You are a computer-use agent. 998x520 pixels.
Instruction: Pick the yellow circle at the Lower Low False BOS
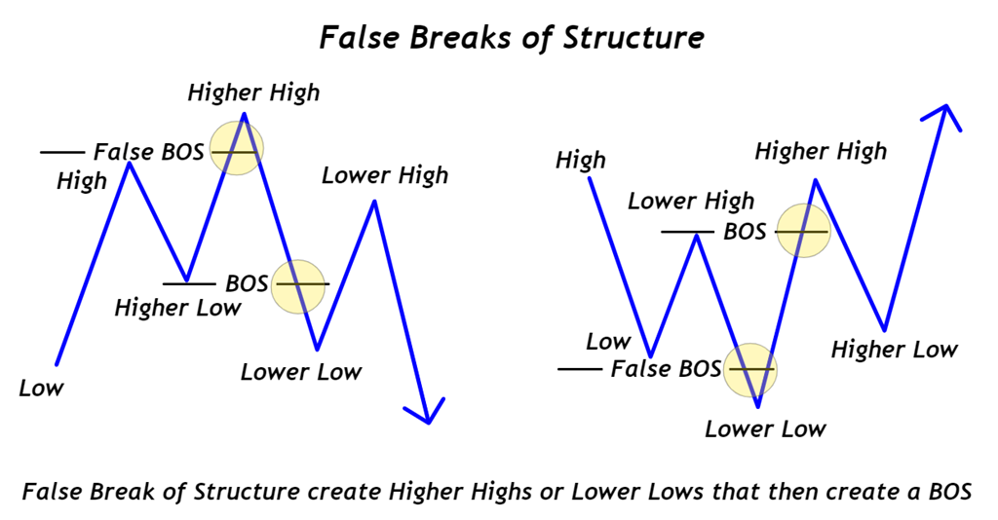click(x=751, y=370)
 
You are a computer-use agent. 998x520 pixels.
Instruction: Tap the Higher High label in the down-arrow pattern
click(x=253, y=93)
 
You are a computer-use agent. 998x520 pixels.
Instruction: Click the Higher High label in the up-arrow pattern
click(x=821, y=151)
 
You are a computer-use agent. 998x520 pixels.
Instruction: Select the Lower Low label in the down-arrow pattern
click(x=301, y=371)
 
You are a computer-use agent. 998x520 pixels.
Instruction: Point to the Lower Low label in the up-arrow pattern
click(x=765, y=428)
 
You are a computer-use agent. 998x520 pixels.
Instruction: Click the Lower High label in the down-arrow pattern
click(x=385, y=175)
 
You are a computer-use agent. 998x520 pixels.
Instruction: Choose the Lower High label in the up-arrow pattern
click(x=690, y=202)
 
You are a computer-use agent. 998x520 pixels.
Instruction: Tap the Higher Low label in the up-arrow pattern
click(x=894, y=350)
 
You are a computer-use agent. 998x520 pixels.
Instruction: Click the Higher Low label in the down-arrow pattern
click(x=177, y=308)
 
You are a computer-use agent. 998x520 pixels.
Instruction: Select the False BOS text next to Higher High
click(x=149, y=152)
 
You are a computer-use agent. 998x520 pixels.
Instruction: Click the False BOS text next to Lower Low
click(x=666, y=369)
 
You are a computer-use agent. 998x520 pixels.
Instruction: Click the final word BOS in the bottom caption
click(x=950, y=492)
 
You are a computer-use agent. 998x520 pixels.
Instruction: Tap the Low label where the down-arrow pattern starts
click(x=41, y=388)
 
